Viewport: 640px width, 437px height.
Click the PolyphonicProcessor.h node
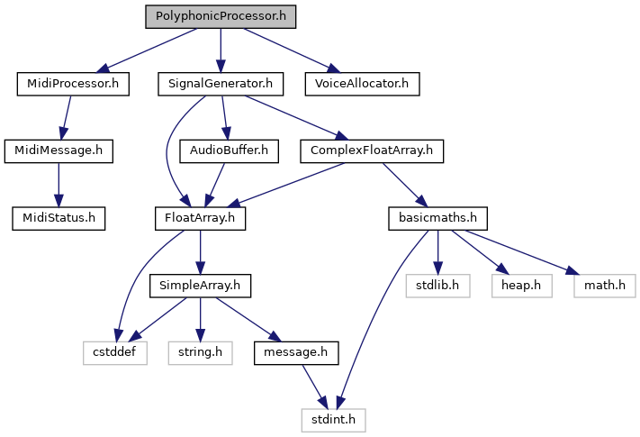[221, 17]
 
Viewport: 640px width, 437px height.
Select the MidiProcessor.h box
[73, 84]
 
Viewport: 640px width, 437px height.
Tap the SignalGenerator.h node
[221, 84]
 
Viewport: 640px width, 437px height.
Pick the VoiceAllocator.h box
[362, 84]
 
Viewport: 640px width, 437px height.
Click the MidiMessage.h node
[59, 151]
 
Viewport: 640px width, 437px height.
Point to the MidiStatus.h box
[59, 218]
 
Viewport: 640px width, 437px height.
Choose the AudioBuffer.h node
[229, 151]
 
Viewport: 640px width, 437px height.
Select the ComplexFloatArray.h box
[372, 151]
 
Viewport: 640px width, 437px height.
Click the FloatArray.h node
[200, 218]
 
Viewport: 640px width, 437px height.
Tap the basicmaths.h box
[438, 218]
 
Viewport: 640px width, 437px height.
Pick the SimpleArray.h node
[200, 286]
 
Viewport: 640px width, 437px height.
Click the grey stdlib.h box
[438, 286]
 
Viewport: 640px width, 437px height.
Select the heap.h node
[522, 286]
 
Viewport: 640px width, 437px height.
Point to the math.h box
[605, 286]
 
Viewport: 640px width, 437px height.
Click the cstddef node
[114, 353]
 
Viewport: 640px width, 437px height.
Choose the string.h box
[200, 353]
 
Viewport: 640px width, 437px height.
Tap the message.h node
[296, 353]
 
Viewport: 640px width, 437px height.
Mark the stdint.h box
[333, 420]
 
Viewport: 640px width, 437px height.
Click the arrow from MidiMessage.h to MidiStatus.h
[59, 185]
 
